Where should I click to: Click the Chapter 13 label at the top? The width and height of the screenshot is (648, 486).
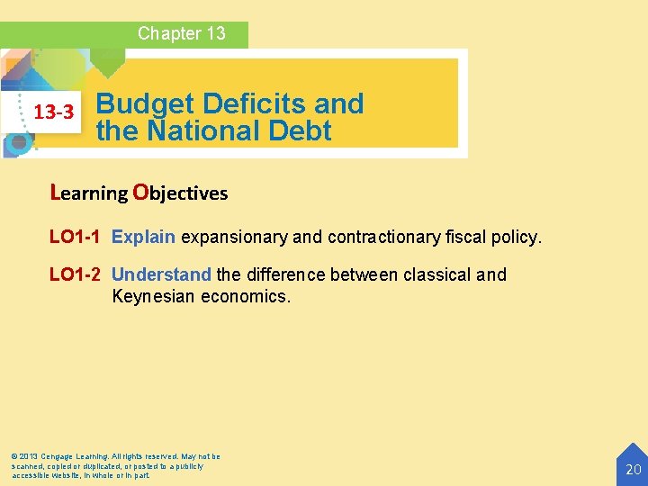181,34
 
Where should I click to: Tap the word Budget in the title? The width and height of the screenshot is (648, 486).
143,104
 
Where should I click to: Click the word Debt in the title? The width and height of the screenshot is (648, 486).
300,131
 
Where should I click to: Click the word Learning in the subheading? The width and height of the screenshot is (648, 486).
90,193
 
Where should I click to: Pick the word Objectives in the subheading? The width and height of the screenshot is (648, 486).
180,193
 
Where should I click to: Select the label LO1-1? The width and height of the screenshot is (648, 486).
75,238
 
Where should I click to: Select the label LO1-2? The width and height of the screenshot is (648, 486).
75,274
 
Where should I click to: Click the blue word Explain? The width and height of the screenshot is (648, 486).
143,238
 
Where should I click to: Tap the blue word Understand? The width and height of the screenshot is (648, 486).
161,274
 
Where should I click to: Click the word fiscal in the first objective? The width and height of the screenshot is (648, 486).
465,238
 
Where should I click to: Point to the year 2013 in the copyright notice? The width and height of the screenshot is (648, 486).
29,457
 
